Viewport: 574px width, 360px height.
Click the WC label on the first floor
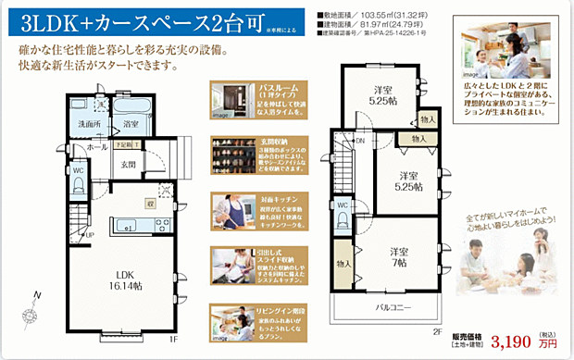[79, 170]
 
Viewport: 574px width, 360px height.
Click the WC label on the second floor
[342, 205]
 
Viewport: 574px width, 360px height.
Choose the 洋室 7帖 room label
[399, 256]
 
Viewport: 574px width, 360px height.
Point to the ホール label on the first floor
[97, 146]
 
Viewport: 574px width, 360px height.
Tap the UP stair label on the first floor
[89, 235]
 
